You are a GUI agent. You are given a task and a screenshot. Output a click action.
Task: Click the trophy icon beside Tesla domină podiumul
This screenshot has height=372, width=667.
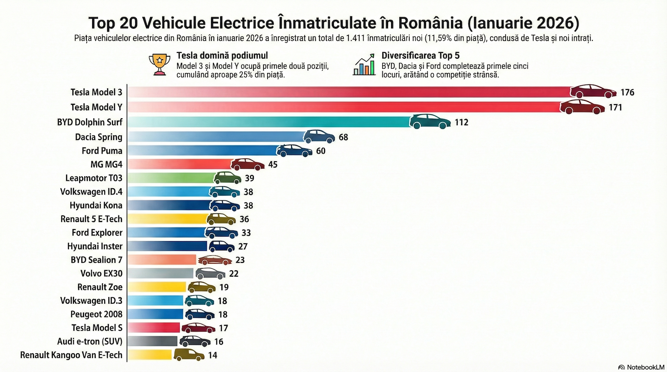tap(159, 65)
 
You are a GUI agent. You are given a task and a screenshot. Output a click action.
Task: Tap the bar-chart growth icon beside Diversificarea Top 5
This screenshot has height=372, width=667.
tap(364, 65)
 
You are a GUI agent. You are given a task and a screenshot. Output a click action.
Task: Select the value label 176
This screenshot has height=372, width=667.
tap(627, 92)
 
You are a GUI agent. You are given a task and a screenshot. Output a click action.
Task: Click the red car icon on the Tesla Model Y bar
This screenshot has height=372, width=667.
tap(582, 107)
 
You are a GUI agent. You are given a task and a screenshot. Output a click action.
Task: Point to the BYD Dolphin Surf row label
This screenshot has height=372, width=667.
tap(90, 122)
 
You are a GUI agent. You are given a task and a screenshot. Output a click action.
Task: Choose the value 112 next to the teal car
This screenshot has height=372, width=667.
tap(461, 122)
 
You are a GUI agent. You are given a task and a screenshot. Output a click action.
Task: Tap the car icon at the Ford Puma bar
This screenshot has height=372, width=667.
tap(294, 150)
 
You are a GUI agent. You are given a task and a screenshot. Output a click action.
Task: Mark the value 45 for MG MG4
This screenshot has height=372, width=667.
tap(273, 165)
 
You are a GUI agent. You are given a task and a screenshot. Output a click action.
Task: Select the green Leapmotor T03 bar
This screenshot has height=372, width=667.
tap(171, 178)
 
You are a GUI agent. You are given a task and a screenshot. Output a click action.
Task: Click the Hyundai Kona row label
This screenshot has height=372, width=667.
tap(96, 205)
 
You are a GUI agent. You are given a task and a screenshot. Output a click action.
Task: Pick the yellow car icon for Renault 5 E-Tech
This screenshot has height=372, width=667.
tap(221, 219)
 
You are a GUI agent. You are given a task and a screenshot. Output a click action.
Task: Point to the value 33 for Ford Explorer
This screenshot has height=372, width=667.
tap(246, 233)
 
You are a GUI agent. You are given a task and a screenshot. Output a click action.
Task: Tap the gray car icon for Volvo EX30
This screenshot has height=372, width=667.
tap(211, 273)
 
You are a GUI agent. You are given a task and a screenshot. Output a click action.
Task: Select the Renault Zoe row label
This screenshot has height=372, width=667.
tap(100, 287)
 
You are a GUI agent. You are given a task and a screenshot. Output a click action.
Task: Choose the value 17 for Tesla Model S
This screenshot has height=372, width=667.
tap(223, 328)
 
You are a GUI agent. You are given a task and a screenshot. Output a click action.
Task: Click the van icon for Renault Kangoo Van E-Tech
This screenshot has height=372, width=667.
tap(189, 355)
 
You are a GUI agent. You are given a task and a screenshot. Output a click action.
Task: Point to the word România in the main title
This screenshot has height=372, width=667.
tap(429, 23)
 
